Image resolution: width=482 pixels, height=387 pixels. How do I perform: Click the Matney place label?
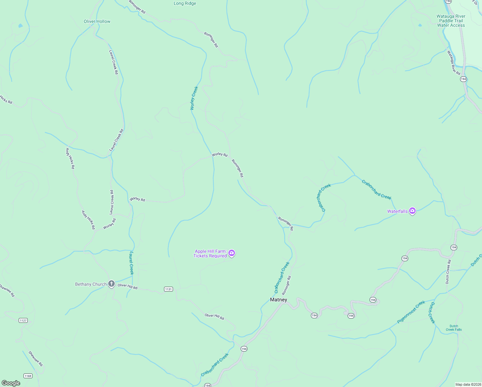pos(278,300)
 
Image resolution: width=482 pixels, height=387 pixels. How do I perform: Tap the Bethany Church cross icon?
pos(111,284)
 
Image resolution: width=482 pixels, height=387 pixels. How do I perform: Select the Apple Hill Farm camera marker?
pos(232,253)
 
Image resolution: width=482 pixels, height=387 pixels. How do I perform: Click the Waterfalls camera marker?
pos(412,211)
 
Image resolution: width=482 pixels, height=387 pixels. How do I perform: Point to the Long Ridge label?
pos(185,4)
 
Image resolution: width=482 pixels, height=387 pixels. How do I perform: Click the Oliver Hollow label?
pos(97,22)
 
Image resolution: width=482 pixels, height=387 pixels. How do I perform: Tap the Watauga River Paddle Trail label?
pos(451,21)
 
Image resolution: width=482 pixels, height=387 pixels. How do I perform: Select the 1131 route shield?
pos(169,289)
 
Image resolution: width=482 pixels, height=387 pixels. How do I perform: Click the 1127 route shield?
pos(23,320)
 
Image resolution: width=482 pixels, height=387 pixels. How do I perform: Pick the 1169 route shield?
pos(28,376)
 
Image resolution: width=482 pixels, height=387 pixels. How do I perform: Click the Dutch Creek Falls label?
pos(454,328)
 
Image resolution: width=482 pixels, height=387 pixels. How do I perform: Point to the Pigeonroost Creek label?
pos(411,312)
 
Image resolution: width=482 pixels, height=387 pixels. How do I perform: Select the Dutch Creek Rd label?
pos(448,272)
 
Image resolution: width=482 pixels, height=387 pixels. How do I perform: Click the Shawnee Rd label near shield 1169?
pos(35,359)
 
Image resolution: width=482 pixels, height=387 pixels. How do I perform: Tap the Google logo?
pos(11,383)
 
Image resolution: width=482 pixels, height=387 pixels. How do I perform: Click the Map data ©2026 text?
pos(468,384)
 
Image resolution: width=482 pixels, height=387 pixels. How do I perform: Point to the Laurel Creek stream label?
pos(131,263)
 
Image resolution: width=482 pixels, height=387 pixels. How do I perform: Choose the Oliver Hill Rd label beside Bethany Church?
pos(127,286)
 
